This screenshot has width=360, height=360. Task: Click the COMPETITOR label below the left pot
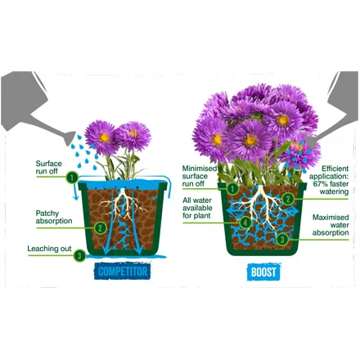[123, 272]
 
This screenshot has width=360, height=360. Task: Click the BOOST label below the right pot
[263, 272]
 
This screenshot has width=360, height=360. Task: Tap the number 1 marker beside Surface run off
[72, 178]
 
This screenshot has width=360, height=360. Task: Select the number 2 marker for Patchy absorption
[100, 227]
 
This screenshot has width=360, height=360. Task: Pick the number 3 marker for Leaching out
[79, 256]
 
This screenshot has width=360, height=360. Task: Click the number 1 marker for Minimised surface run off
[232, 188]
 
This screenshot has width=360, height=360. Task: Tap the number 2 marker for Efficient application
[288, 199]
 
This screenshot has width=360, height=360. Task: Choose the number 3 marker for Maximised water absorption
[282, 240]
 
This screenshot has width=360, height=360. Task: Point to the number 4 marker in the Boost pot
[245, 223]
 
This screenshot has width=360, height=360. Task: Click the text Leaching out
[49, 249]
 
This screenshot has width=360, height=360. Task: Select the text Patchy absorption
[54, 217]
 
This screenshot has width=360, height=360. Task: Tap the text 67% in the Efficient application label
[320, 184]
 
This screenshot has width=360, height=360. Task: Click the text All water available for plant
[197, 208]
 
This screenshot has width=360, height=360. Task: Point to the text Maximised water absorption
[331, 225]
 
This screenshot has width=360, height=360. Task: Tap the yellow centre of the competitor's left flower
[104, 137]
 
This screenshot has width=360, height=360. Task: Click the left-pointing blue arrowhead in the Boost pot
[228, 212]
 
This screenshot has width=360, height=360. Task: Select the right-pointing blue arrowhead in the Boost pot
[295, 211]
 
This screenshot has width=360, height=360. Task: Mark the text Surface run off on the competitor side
[49, 167]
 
